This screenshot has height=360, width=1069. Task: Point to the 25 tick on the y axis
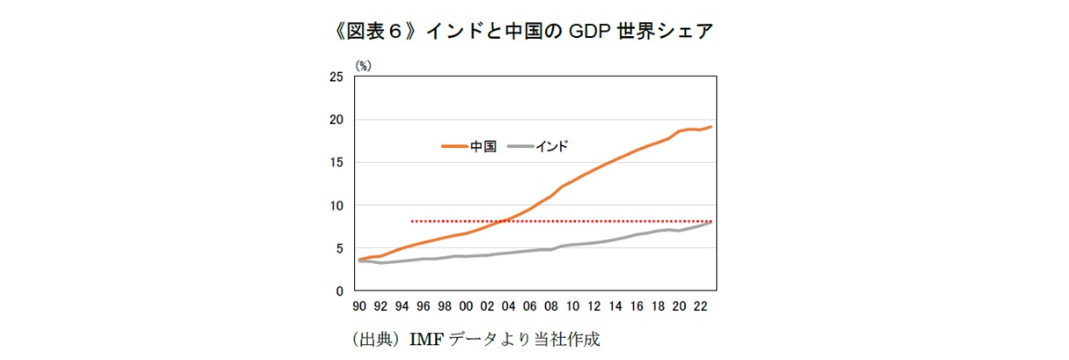coord(335,77)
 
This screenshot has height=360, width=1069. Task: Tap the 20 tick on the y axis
coord(335,120)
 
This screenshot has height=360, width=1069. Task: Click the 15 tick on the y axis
coord(335,163)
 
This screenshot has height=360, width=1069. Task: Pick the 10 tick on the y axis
coord(335,206)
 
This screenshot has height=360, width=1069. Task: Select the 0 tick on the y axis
coord(339,291)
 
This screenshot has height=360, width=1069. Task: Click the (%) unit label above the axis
coord(363,64)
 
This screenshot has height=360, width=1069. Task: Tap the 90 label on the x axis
coord(359,307)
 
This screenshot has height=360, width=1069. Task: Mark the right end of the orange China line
coord(711,127)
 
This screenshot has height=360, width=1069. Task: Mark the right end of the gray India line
coord(711,222)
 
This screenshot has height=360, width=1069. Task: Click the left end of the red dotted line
coord(412,221)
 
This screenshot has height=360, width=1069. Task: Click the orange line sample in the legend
coord(453,147)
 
